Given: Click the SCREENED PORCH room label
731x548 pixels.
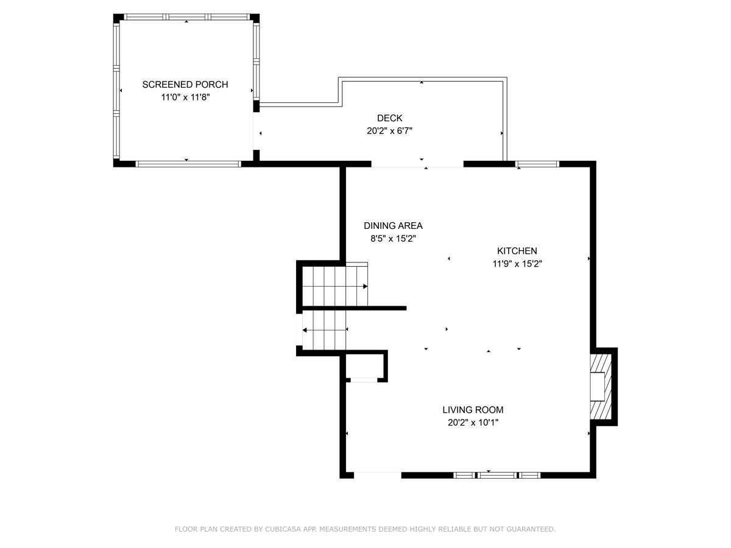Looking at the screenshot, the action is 185,85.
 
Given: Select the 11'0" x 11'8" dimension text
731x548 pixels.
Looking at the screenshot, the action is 186,97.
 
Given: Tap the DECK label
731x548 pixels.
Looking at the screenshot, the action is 390,118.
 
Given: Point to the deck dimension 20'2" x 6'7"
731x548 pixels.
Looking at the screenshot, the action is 390,131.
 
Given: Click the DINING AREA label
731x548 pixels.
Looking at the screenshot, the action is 393,226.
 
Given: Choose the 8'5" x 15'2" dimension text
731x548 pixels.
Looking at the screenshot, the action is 394,239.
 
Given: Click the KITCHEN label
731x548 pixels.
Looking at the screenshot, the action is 517,251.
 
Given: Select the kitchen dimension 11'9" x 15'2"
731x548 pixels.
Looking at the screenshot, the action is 517,264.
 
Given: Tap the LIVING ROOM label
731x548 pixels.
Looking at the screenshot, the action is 473,410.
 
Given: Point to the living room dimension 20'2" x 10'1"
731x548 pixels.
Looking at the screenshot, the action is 473,423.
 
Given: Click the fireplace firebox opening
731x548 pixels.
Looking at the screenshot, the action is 598,387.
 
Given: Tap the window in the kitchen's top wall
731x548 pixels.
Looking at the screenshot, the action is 537,164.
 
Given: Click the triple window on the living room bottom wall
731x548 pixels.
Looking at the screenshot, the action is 497,475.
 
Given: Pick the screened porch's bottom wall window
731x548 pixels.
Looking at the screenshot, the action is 188,164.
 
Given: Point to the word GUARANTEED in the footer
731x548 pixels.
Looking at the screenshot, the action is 531,529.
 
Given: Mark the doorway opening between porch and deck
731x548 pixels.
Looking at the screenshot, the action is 256,131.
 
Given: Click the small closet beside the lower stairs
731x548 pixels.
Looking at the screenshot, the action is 365,366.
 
